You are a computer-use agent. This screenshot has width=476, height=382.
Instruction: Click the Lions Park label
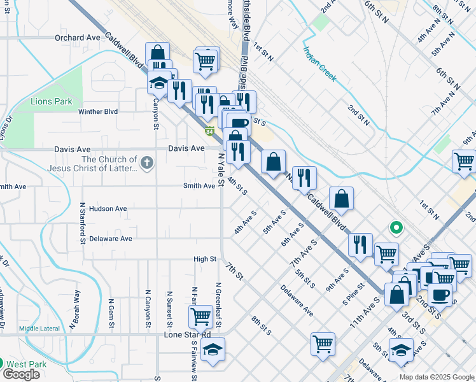click(52, 101)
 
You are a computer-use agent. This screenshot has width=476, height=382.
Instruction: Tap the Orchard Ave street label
click(78, 38)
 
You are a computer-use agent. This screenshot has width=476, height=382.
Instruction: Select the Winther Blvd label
click(98, 111)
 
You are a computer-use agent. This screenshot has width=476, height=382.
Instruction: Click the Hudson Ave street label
click(108, 208)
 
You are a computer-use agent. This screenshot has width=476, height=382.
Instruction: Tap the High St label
click(205, 259)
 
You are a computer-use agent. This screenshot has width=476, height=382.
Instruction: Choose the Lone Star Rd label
click(187, 334)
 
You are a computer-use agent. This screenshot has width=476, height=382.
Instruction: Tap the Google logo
click(21, 374)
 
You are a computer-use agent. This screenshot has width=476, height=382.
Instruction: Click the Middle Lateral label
click(39, 329)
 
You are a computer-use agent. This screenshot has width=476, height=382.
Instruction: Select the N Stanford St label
click(83, 223)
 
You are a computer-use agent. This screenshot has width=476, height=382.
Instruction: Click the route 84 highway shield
click(209, 132)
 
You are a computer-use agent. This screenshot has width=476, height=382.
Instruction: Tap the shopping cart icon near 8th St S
click(323, 344)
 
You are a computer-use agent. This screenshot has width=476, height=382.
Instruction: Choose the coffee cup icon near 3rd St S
click(439, 295)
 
